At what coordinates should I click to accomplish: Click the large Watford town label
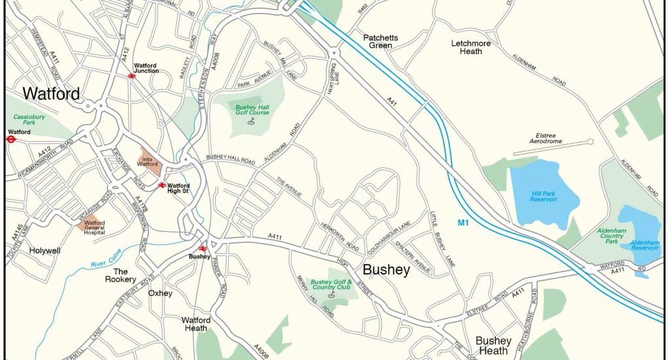point(51,94)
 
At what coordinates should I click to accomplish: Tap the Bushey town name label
point(386,270)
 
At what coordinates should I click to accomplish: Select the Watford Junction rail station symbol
point(132,76)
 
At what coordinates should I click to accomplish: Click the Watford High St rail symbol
point(162,186)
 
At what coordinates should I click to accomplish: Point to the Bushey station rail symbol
point(203,248)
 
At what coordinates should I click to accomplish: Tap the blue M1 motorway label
point(463,223)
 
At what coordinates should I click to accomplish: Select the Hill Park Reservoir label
point(544,196)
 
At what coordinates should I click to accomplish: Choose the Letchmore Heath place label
point(476,48)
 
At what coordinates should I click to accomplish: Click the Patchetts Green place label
point(380,42)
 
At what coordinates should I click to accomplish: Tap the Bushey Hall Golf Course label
point(252,109)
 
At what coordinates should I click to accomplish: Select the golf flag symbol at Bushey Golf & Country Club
point(331,295)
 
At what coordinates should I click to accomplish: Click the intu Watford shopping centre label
point(148,160)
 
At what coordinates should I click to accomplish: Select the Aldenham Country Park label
point(612,237)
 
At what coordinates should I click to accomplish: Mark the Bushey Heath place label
point(493,346)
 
